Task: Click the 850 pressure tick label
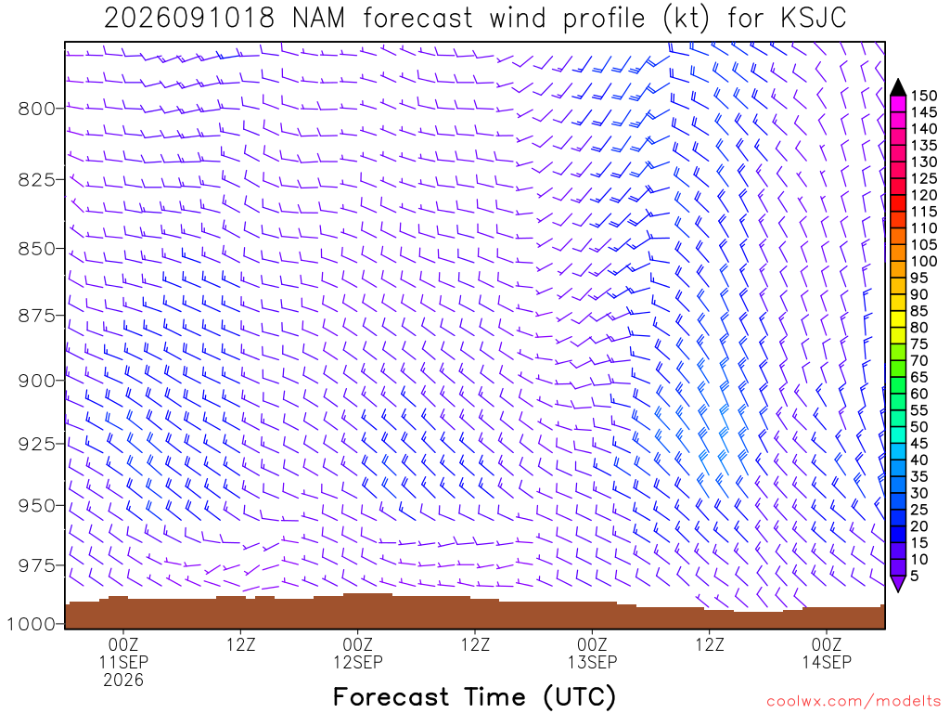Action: (x=36, y=249)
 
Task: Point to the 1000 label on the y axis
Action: (x=31, y=624)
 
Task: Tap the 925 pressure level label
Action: (x=36, y=444)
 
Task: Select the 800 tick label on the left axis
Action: (x=36, y=110)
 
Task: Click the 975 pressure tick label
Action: (x=36, y=565)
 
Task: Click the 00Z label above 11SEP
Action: (x=123, y=644)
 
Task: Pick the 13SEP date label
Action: (x=592, y=662)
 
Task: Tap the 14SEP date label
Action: (x=827, y=662)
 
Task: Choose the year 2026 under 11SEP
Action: (x=123, y=681)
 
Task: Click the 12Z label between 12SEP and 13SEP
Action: (x=475, y=644)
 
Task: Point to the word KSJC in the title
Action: (x=813, y=19)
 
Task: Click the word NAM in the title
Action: (x=318, y=19)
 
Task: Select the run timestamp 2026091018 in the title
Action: (x=189, y=19)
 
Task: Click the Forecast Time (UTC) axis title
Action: (x=474, y=697)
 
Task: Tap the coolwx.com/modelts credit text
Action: (x=854, y=702)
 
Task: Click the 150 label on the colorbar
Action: (x=924, y=96)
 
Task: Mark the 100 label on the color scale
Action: (x=924, y=261)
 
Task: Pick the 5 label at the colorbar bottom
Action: (x=915, y=576)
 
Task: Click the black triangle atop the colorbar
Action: (x=898, y=87)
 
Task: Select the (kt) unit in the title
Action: (x=686, y=19)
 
